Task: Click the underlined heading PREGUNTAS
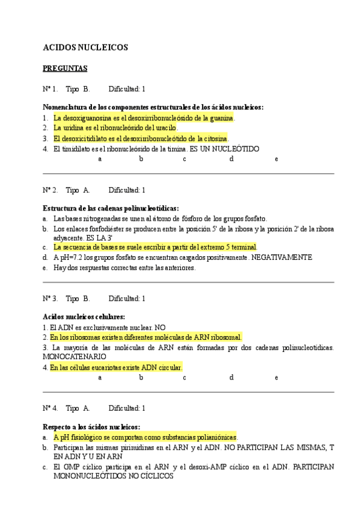(x=65, y=69)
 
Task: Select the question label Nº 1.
(x=50, y=89)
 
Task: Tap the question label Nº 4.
(x=50, y=408)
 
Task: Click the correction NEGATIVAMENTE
(x=282, y=257)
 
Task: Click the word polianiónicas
(x=215, y=437)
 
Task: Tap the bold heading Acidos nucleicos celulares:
(x=84, y=317)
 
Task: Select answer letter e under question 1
(x=276, y=159)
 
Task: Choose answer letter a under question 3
(x=100, y=378)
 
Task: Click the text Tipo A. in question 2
(x=78, y=190)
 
